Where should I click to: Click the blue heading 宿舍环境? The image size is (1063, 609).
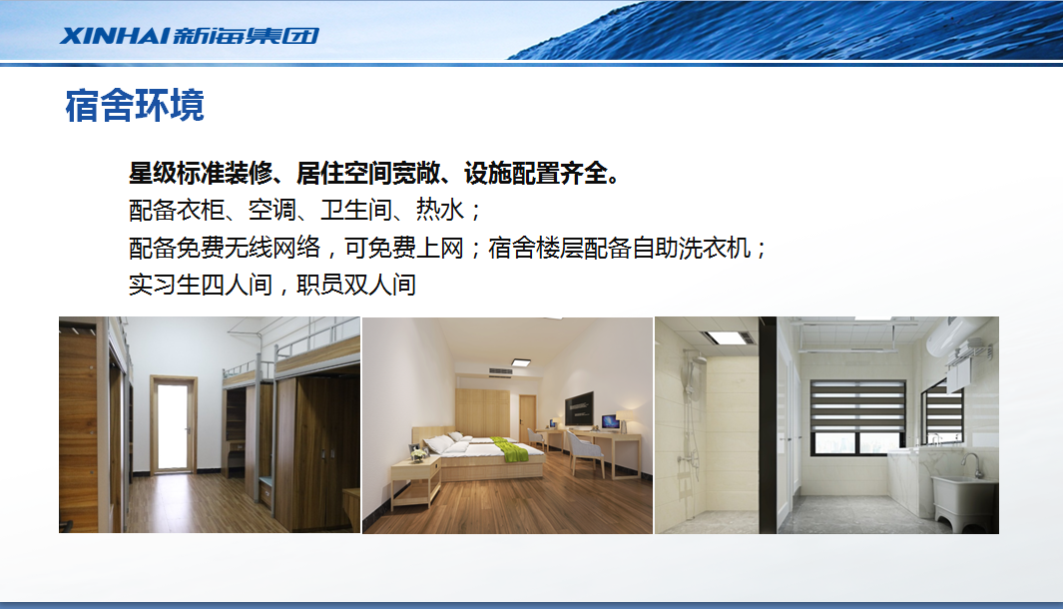click(x=134, y=105)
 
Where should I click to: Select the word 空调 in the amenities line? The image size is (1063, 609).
click(x=271, y=211)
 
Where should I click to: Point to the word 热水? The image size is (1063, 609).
click(x=439, y=211)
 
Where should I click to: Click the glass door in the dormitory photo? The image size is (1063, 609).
click(x=173, y=425)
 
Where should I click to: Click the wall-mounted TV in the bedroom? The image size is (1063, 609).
click(x=579, y=409)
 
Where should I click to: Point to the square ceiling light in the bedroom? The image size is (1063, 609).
click(x=520, y=362)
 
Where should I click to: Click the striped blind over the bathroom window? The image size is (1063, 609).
click(x=857, y=406)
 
